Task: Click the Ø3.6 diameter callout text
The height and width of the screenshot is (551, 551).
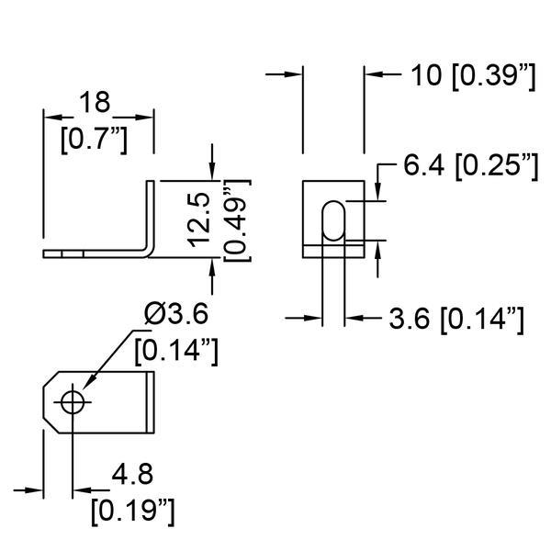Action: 175,314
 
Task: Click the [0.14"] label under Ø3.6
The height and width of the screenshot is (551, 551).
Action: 175,350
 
